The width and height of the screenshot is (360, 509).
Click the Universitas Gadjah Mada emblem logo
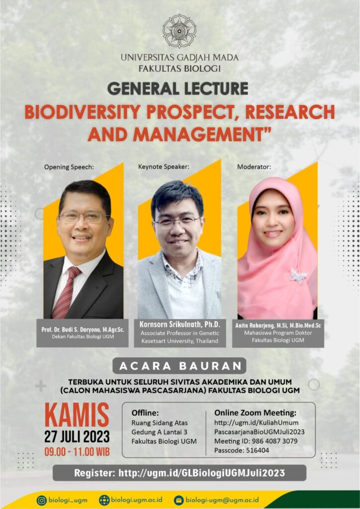click(180, 31)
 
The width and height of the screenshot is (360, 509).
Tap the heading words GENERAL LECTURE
click(178, 88)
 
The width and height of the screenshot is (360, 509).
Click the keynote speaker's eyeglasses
click(177, 221)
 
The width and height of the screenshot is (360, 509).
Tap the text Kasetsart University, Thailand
click(180, 341)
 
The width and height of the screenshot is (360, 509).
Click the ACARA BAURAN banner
click(180, 366)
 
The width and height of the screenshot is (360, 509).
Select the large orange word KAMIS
click(77, 416)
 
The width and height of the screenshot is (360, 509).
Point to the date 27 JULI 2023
click(77, 437)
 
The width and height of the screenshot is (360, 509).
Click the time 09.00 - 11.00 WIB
click(77, 452)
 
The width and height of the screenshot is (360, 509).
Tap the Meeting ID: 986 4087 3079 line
click(256, 441)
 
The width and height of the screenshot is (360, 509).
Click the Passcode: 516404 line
click(242, 450)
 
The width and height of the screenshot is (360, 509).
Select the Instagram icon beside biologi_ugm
click(42, 500)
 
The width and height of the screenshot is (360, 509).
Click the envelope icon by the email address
click(179, 500)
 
